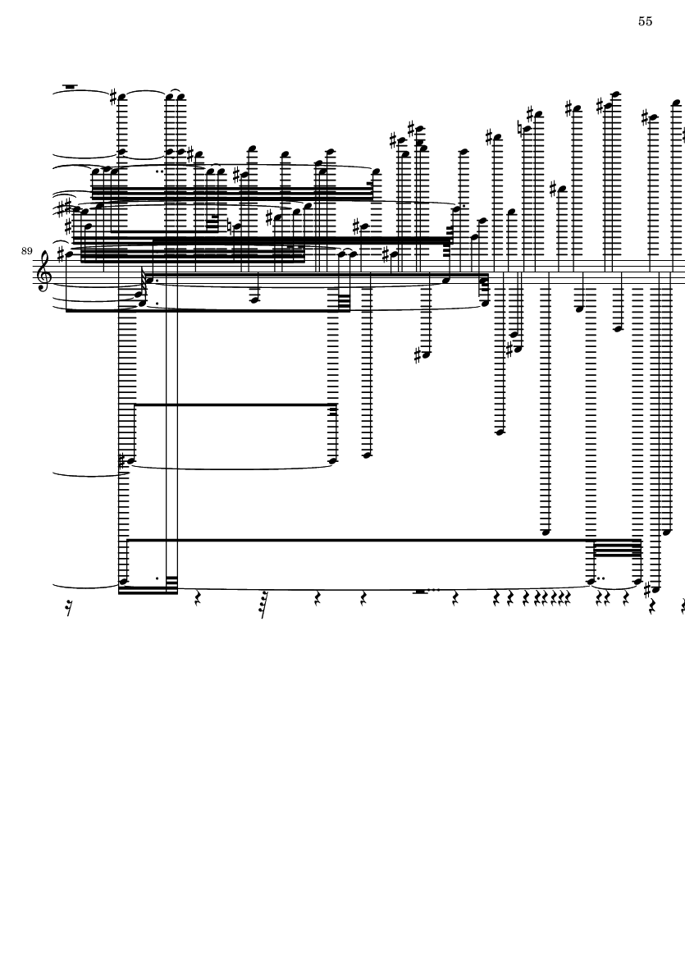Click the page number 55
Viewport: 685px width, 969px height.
645,21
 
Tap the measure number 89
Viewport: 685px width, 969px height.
26,251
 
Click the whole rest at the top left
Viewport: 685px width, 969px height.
71,86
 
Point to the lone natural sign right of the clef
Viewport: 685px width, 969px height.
229,226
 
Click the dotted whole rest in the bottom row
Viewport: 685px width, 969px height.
420,592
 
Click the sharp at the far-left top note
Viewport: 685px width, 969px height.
113,96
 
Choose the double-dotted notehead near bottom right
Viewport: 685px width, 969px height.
591,581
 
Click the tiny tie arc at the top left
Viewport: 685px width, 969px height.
174,91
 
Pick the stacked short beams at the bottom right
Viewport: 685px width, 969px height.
617,548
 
